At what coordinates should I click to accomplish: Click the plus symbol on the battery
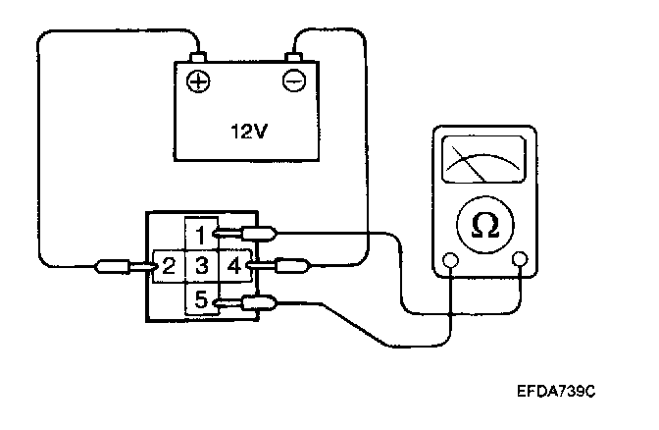click(198, 81)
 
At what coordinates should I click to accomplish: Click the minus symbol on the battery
click(294, 81)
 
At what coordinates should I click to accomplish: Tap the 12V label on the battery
click(249, 132)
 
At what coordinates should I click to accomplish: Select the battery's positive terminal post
click(198, 57)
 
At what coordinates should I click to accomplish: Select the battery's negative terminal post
click(293, 57)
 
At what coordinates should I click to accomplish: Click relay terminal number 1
click(201, 235)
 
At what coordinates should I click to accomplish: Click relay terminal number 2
click(169, 266)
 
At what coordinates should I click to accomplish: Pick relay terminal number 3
click(202, 266)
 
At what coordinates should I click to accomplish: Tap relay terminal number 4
click(234, 266)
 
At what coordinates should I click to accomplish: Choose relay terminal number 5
click(201, 299)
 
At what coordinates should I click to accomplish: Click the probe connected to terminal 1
click(245, 234)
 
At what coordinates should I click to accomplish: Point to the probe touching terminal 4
click(279, 266)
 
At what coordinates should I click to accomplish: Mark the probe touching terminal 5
click(245, 303)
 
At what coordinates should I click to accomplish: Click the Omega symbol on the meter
click(485, 226)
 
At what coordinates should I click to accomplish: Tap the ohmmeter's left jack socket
click(450, 260)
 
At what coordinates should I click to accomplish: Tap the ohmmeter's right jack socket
click(521, 259)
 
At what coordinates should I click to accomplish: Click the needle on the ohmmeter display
click(469, 164)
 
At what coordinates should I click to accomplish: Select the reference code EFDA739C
click(556, 392)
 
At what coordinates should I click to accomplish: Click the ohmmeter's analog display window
click(484, 159)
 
